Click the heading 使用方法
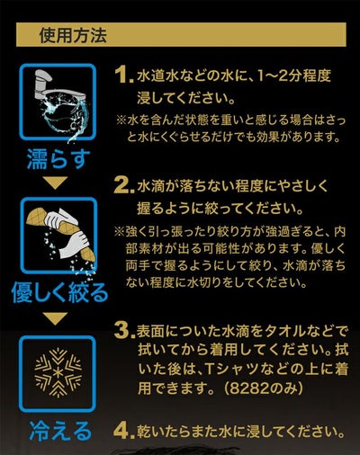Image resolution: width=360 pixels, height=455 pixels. pos(73,35)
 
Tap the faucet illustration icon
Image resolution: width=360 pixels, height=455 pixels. pos(58,103)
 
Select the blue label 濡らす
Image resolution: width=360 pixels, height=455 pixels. pos(58,159)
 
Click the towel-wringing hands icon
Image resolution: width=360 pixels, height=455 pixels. pos(58,236)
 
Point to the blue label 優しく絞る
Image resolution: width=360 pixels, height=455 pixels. pos(59,292)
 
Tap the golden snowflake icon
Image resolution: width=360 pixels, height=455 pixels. pos(58,372)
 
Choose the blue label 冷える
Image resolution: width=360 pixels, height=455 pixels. pos(59,431)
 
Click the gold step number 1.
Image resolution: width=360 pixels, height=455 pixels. pos(124,75)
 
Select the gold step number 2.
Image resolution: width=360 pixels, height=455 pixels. pos(123,186)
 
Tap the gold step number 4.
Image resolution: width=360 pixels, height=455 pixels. pos(124,432)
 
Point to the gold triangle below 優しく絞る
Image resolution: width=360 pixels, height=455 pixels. pos(58,318)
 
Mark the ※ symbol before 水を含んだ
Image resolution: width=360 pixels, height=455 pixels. pos(121,120)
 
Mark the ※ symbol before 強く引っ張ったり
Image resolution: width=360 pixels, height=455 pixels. pos(119,232)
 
